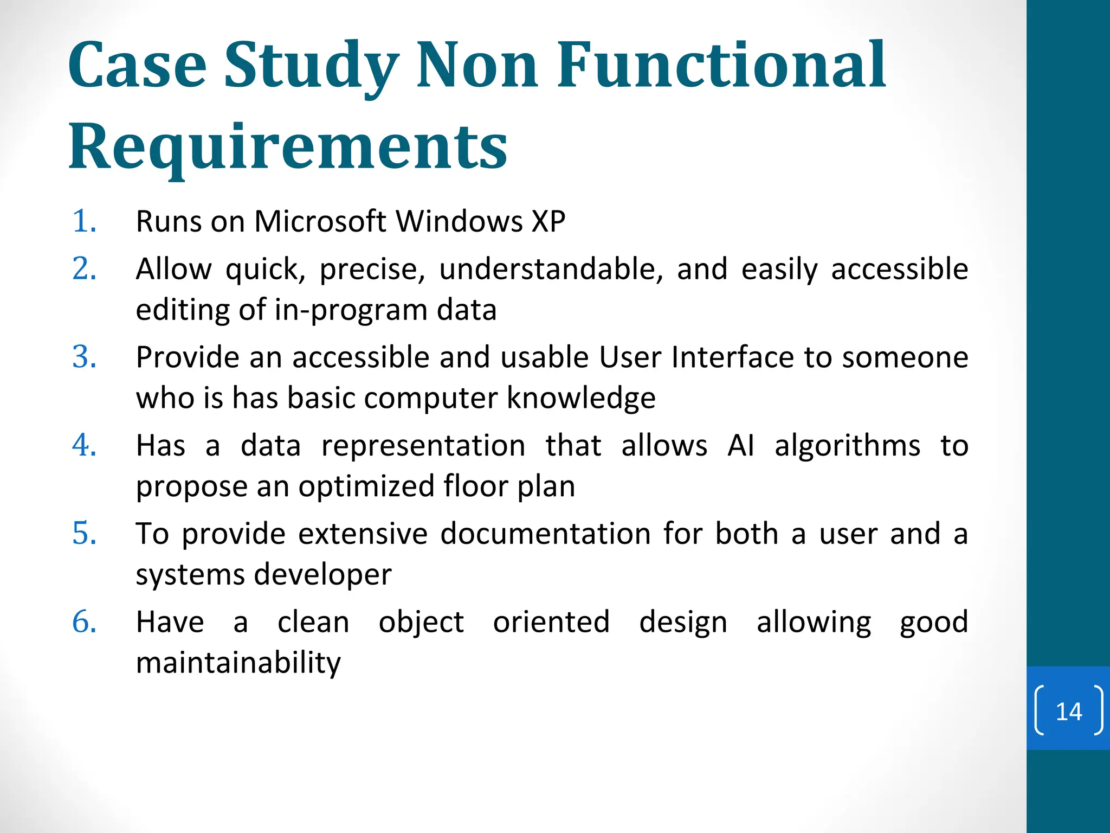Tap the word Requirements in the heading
point(288,146)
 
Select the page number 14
point(1068,711)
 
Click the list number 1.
point(84,221)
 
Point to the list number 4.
point(84,445)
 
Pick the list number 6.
point(84,621)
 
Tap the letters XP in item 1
point(548,221)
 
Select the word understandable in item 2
point(551,269)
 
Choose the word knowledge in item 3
point(581,398)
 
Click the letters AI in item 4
point(740,446)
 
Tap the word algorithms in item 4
point(847,446)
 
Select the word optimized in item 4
point(366,486)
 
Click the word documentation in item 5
point(545,534)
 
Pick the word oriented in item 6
point(551,621)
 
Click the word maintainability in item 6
point(238,663)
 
